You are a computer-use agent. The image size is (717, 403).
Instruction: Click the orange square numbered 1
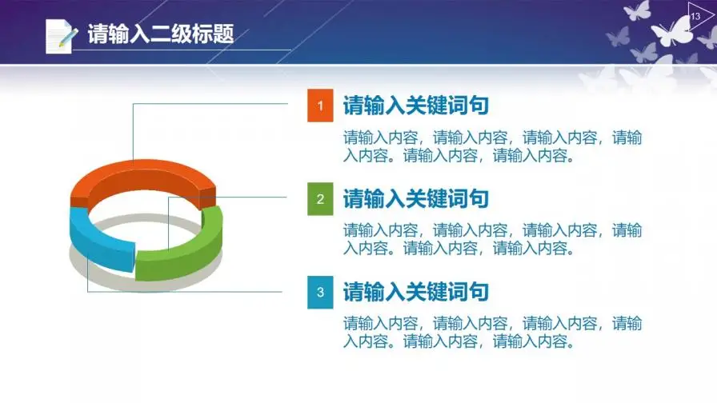(320, 106)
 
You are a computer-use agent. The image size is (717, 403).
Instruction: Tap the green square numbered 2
(320, 199)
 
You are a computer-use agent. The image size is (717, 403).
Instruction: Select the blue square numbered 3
(320, 293)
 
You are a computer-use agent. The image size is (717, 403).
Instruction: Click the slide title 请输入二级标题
(161, 34)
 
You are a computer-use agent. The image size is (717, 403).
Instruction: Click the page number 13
(695, 17)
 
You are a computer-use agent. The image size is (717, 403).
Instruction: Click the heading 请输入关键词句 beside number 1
(415, 106)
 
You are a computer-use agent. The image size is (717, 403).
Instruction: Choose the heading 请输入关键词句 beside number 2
(415, 199)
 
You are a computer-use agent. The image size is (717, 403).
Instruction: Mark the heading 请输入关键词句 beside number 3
(415, 292)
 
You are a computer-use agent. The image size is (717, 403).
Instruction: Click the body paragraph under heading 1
(492, 146)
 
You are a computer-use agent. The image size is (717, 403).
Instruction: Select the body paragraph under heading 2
(492, 239)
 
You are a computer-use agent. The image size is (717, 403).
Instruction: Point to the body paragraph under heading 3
(492, 332)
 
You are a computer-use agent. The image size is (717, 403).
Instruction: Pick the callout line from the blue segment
(185, 292)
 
